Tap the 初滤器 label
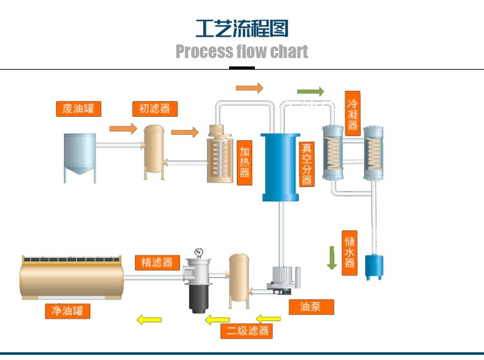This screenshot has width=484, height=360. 155,108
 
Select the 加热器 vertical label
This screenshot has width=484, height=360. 245,163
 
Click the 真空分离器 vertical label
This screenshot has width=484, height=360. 307,164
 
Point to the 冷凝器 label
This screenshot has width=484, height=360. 352,111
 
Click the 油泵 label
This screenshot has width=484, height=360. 312,307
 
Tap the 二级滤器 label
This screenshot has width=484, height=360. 246,332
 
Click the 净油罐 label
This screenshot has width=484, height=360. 67,311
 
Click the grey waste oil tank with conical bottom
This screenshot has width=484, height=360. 80,155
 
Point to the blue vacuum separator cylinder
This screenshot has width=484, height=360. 280,166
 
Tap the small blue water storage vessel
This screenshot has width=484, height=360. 374,265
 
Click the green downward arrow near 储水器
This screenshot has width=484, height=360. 332,257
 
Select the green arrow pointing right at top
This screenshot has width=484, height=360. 310,91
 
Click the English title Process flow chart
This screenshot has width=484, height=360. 242,52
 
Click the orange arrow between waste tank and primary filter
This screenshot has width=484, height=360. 123,128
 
